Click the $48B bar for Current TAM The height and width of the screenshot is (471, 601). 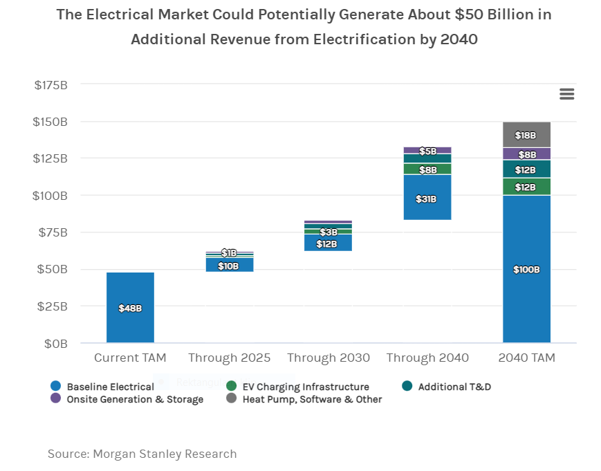click(130, 307)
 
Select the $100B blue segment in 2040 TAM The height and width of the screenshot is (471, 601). click(526, 269)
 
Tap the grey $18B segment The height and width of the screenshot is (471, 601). click(526, 135)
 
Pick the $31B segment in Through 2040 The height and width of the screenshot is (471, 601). click(427, 198)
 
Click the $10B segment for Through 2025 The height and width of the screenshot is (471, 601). click(230, 265)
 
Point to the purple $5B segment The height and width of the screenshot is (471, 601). click(427, 150)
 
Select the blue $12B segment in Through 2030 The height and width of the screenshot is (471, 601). click(329, 243)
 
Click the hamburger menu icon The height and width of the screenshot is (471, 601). click(567, 94)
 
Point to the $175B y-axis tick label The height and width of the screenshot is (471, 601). click(50, 85)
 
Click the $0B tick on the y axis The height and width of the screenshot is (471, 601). click(56, 343)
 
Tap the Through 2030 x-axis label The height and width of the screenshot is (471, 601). click(329, 358)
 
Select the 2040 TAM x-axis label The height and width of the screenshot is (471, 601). click(526, 358)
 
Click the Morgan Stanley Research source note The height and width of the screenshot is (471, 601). click(142, 454)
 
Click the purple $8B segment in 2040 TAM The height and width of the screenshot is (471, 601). click(526, 154)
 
